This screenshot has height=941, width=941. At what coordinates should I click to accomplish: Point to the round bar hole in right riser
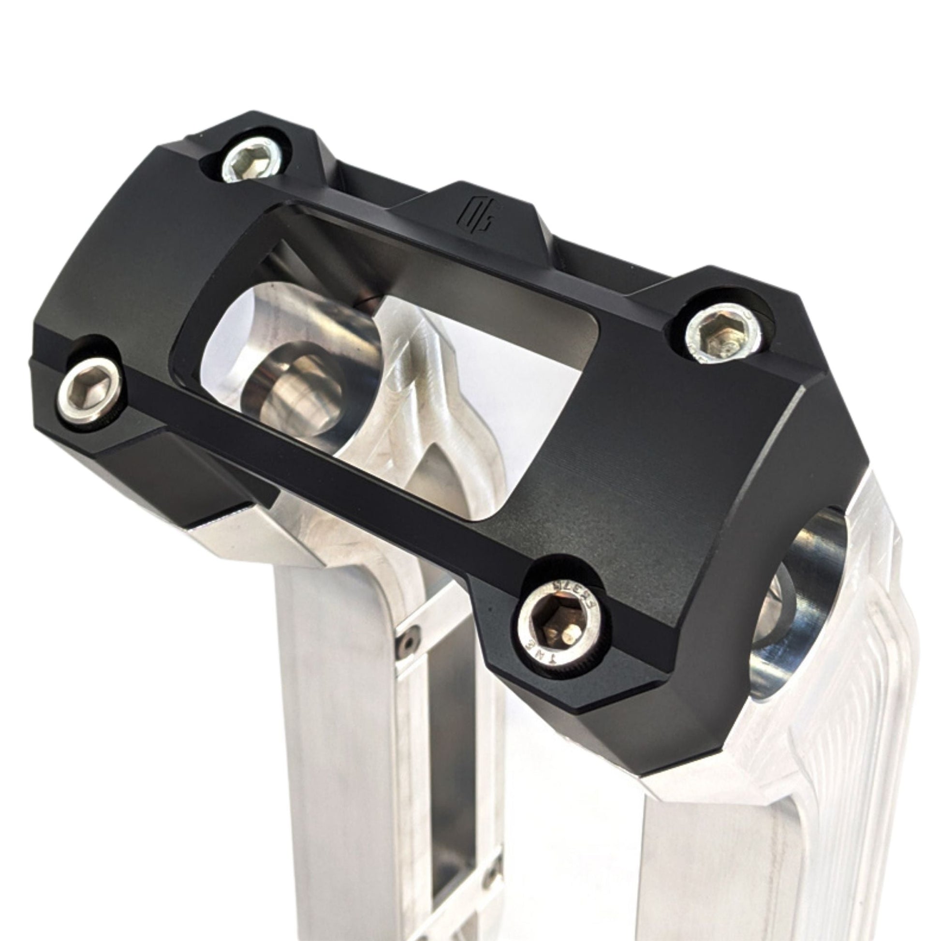799,609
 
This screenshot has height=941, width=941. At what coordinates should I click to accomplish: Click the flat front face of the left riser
341,731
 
